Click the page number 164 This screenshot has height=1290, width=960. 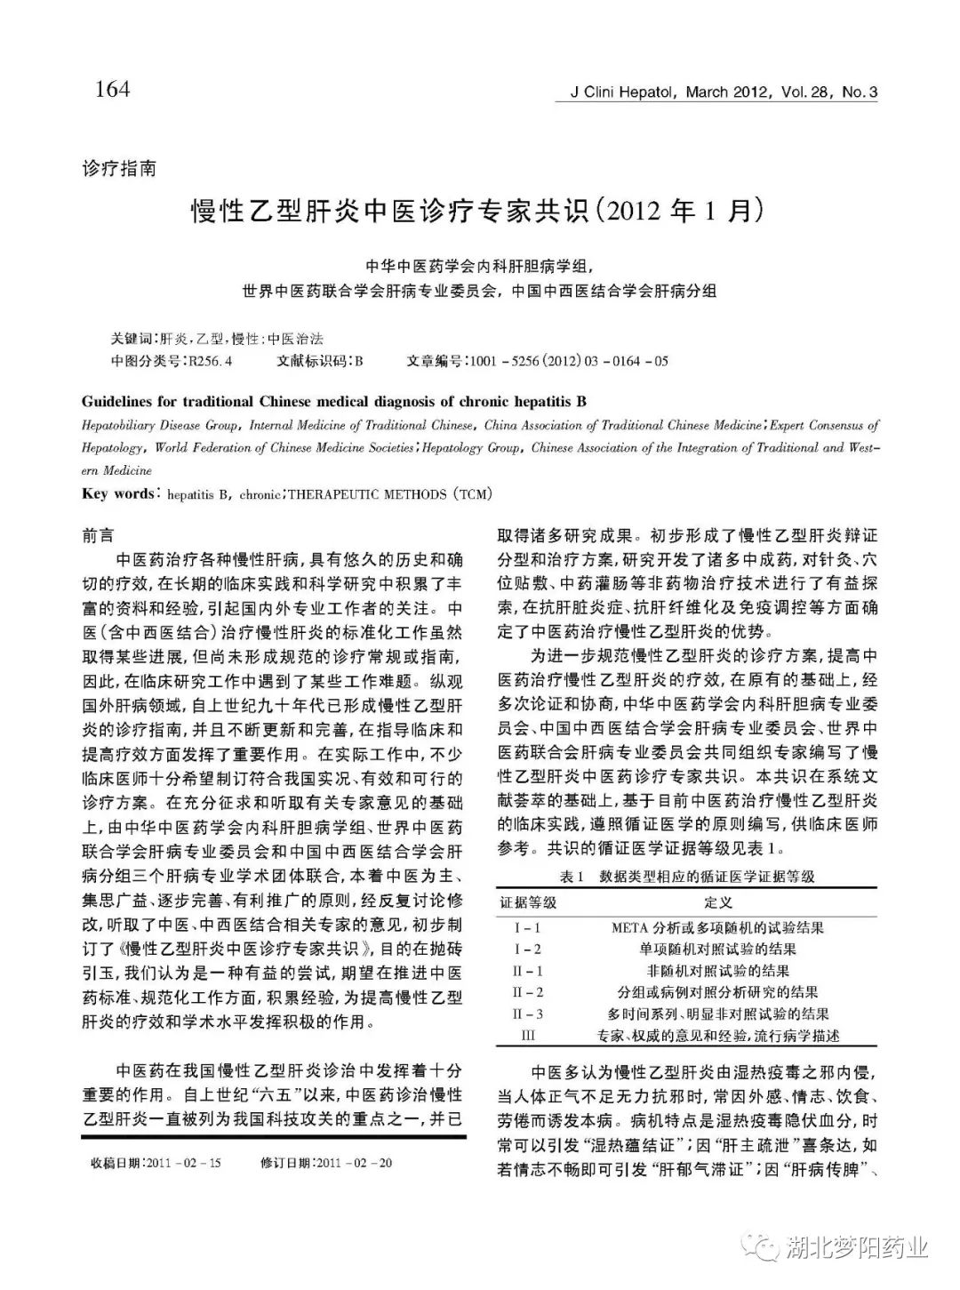pos(111,90)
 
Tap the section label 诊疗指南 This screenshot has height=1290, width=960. pos(118,168)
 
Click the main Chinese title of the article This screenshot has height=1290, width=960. pos(479,213)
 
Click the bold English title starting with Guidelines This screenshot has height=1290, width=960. pos(333,402)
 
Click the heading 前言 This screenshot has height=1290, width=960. pos(98,536)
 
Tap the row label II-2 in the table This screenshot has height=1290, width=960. pos(527,992)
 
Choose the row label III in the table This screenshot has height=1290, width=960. pos(527,1036)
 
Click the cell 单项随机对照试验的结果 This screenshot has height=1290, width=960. pos(717,949)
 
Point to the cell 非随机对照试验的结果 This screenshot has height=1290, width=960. pos(717,971)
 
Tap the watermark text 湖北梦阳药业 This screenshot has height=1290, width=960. pos(857,1248)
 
